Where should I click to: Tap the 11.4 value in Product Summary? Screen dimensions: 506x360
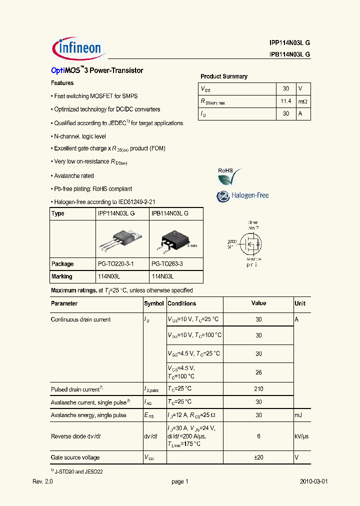click(x=285, y=101)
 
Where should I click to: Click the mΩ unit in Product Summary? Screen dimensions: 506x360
click(x=302, y=101)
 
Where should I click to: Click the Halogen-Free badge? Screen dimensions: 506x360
click(x=242, y=196)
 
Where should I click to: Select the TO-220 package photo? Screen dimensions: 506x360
click(x=122, y=239)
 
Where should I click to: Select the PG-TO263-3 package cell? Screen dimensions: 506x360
click(x=167, y=264)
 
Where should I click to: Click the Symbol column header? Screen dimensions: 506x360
click(x=153, y=303)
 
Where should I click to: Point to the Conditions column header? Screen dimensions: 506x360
click(x=181, y=303)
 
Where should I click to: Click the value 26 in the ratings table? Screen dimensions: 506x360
click(x=258, y=372)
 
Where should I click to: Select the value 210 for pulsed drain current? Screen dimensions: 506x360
click(x=258, y=389)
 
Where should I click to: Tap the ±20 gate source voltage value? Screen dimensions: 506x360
click(x=258, y=457)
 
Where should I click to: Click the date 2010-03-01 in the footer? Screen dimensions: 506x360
click(x=313, y=481)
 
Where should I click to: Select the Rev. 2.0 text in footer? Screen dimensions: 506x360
click(x=42, y=481)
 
